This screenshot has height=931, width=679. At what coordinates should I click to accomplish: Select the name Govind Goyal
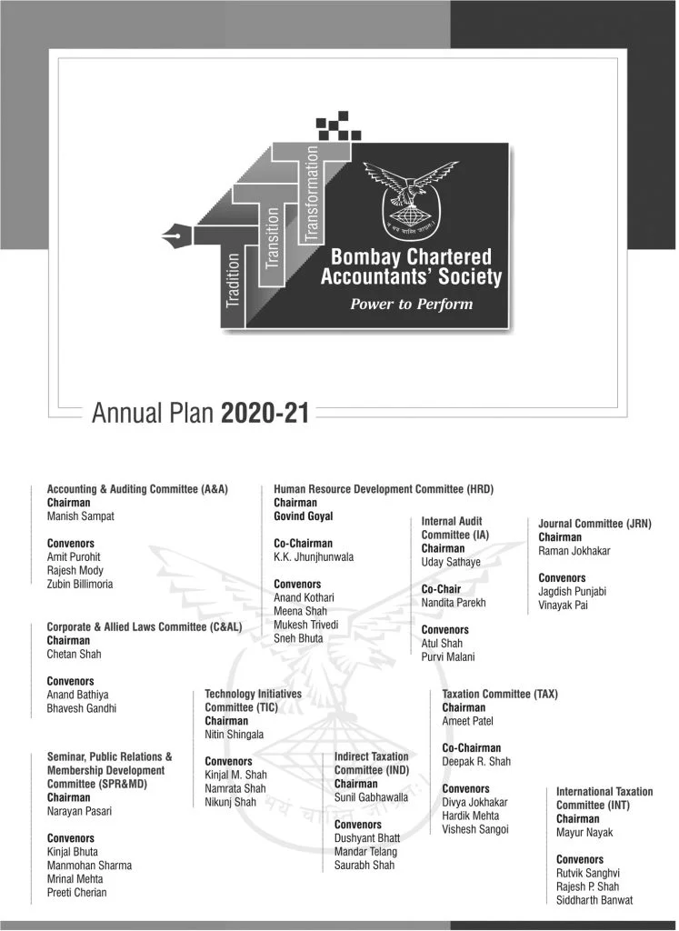pyautogui.click(x=303, y=516)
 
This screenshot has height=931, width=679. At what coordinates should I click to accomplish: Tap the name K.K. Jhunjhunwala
pyautogui.click(x=314, y=556)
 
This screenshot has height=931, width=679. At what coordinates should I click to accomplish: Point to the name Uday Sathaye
pyautogui.click(x=451, y=562)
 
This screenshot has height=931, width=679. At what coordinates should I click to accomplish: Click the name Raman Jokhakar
pyautogui.click(x=575, y=550)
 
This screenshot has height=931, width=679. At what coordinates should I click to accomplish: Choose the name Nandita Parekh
pyautogui.click(x=454, y=603)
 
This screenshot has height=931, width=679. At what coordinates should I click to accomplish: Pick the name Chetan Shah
pyautogui.click(x=74, y=654)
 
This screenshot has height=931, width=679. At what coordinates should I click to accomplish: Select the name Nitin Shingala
pyautogui.click(x=235, y=735)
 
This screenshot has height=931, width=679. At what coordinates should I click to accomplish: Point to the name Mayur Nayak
pyautogui.click(x=584, y=832)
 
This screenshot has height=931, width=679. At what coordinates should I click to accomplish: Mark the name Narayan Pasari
pyautogui.click(x=81, y=811)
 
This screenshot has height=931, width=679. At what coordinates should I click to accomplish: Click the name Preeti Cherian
pyautogui.click(x=76, y=892)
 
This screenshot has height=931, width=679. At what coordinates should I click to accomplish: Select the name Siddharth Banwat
pyautogui.click(x=594, y=900)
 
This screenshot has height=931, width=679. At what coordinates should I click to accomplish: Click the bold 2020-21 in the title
pyautogui.click(x=265, y=415)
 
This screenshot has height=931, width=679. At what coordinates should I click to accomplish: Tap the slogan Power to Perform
pyautogui.click(x=412, y=304)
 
